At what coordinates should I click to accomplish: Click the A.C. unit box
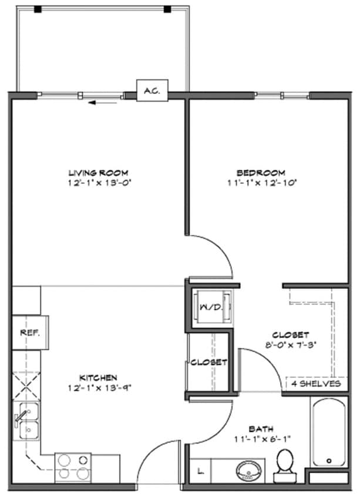point(153,91)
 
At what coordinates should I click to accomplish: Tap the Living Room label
point(95,173)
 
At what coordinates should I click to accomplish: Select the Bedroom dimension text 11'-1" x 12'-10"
point(261,183)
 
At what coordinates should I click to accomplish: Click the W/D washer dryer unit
point(209,307)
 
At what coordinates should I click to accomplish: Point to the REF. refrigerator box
point(30,333)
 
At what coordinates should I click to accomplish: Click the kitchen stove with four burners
point(70,467)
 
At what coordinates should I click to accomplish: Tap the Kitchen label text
point(98,377)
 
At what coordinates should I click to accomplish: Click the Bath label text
point(260,429)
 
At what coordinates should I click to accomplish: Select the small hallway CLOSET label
point(208,363)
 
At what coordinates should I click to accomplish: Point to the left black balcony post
point(38,9)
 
